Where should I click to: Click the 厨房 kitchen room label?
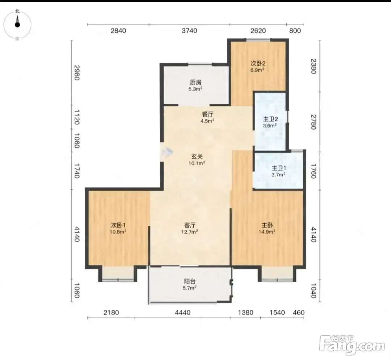(x=196, y=82)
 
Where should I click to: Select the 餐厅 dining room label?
(x=207, y=114)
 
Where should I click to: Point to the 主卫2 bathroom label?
(x=270, y=119)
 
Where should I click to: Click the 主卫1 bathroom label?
(x=279, y=168)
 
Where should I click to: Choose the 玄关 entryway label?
(x=197, y=157)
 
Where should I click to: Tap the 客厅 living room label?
(x=190, y=225)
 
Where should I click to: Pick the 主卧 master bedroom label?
(x=267, y=225)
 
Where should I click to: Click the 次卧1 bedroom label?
(x=118, y=225)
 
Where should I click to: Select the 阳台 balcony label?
(x=190, y=281)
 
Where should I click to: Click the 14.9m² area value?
(x=267, y=232)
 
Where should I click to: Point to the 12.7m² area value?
(x=190, y=232)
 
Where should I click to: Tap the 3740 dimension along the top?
(x=189, y=31)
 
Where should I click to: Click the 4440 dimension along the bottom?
(x=182, y=312)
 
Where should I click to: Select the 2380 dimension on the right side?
(x=314, y=66)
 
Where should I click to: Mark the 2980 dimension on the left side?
(x=77, y=72)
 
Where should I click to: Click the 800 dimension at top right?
(x=295, y=31)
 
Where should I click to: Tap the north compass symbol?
(x=17, y=25)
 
